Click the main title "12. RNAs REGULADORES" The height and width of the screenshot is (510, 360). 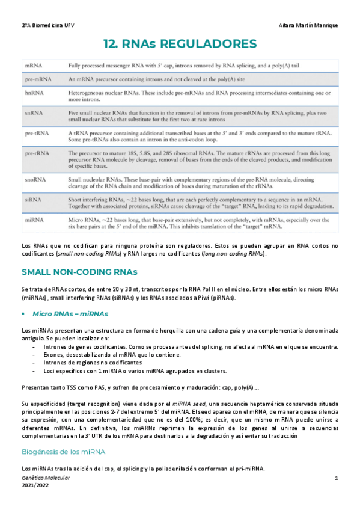180,44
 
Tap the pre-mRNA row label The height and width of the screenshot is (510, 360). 38,79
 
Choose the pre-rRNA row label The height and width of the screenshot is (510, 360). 36,153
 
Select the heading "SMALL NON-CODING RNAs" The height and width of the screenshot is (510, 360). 79,272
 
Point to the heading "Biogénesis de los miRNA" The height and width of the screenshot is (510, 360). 63,452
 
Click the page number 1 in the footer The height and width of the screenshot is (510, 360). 337,478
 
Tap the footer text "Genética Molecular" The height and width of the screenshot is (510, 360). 45,478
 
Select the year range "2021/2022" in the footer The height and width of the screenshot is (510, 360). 35,485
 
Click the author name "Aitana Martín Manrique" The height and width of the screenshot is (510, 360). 308,25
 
